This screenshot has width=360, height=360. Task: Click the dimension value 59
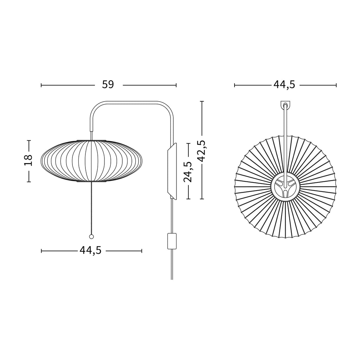[108, 85]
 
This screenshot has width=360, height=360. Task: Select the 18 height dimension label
[28, 160]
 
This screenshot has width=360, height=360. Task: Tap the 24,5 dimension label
[188, 172]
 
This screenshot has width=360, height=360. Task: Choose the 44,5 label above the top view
[284, 85]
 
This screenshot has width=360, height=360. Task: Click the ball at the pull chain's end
[91, 237]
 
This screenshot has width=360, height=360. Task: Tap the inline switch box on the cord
[172, 241]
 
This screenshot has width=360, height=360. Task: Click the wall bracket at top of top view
[285, 105]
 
